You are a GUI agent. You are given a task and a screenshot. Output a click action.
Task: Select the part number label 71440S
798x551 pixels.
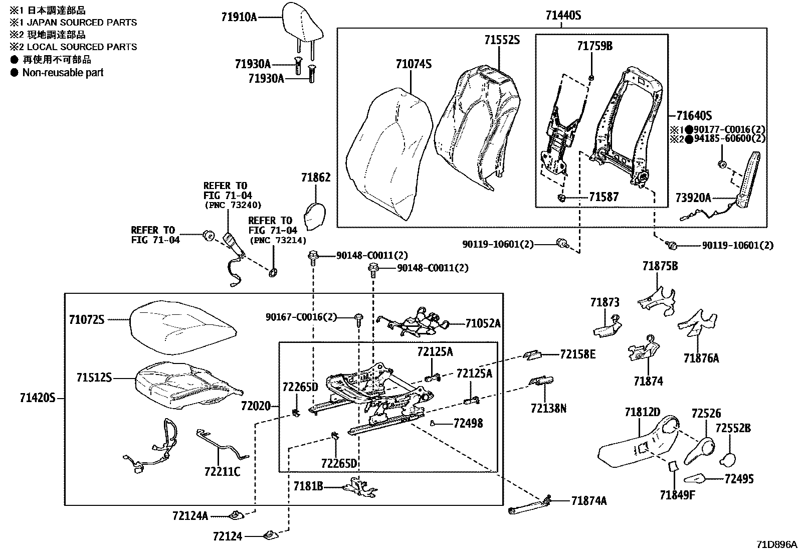[x=563, y=16]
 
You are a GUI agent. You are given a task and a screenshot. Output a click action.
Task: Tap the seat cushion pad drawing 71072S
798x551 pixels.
[x=183, y=321]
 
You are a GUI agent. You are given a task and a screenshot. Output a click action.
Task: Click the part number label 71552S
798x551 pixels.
[x=502, y=40]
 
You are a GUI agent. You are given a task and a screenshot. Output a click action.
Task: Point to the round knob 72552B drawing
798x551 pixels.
[x=728, y=459]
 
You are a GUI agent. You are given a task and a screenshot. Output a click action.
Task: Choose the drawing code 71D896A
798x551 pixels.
[x=776, y=544]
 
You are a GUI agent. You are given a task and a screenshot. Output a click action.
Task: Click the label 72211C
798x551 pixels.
[x=222, y=471]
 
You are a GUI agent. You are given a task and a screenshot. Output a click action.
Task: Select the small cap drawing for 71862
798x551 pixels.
[x=315, y=215]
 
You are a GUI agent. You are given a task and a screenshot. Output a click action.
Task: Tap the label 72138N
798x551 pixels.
[x=548, y=409]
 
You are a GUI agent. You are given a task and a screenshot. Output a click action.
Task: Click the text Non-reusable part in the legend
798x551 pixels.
[x=63, y=73]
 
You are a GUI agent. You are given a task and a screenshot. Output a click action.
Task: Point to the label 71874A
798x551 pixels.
[x=588, y=500]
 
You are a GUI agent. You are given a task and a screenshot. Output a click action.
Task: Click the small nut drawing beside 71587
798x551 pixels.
[x=562, y=198]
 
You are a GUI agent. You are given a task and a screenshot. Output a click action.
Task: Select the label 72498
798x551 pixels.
[x=468, y=424]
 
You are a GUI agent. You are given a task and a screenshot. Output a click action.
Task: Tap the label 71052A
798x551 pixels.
[x=483, y=323]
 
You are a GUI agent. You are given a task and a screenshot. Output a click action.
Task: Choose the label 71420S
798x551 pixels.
[x=37, y=399]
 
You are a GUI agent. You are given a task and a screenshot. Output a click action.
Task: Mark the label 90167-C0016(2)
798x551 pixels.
[x=301, y=317]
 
